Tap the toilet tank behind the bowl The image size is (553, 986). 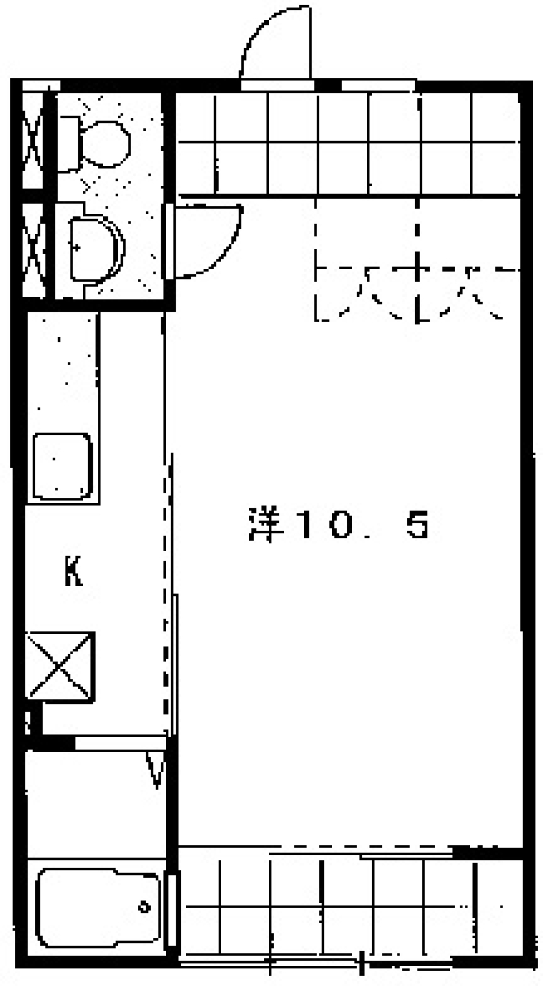[70, 143]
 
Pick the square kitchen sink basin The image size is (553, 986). [62, 466]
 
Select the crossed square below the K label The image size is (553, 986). [60, 666]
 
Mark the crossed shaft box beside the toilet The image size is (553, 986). [33, 145]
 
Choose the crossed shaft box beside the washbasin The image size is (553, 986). [33, 250]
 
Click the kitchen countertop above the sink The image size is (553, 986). [62, 369]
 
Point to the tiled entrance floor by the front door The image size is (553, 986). [346, 144]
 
